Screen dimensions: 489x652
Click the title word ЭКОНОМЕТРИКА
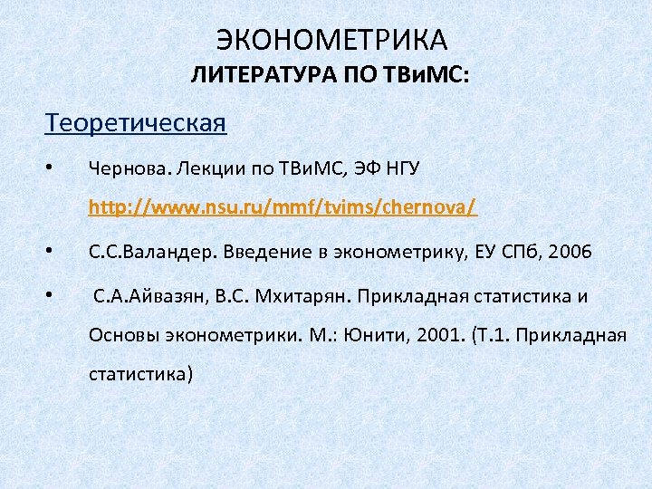click(x=332, y=40)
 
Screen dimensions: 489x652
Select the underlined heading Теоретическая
click(x=136, y=122)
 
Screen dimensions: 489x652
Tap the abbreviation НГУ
click(x=399, y=168)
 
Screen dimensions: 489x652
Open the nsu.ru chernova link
click(x=283, y=209)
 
